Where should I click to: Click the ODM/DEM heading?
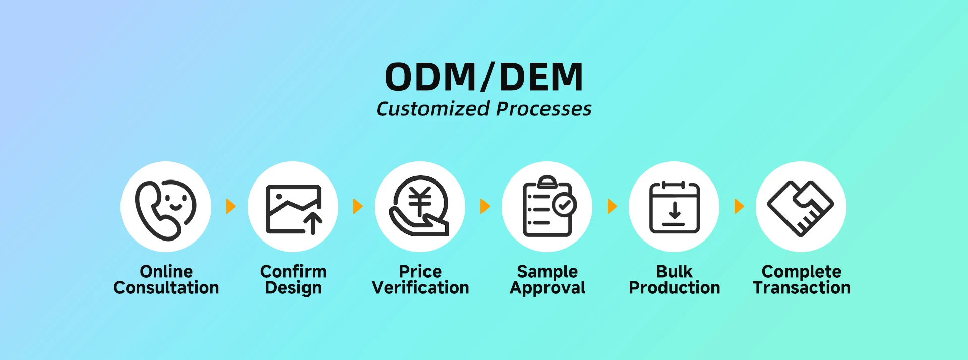point(484,77)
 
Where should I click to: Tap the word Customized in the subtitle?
point(433,109)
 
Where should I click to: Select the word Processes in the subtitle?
point(544,109)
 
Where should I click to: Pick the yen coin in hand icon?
point(419,206)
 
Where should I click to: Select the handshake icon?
point(801,208)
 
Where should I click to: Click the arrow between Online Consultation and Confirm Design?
point(231,206)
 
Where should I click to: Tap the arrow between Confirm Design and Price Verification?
point(358,206)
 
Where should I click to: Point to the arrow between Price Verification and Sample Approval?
point(485,206)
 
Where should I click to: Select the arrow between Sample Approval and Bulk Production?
point(612,206)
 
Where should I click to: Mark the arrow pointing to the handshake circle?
point(739,206)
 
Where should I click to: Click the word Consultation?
point(166,288)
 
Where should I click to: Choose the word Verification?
point(420,288)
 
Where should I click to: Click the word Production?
point(675,288)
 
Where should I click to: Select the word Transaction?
point(802,288)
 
